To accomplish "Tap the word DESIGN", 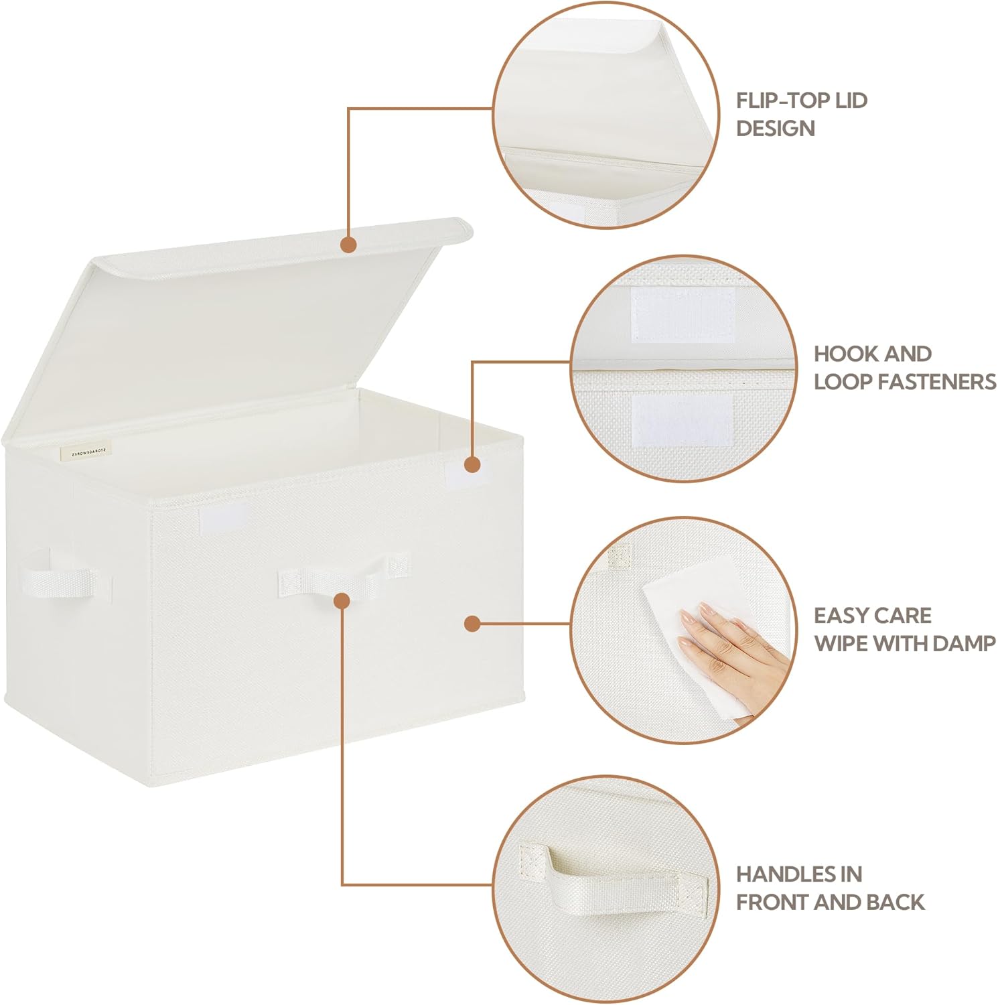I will pos(775,129).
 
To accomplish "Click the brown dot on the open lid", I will pos(348,245).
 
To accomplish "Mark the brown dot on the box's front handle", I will pos(342,600).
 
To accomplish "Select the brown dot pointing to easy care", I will pos(472,624).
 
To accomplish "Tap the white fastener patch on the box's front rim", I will pos(223,520).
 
